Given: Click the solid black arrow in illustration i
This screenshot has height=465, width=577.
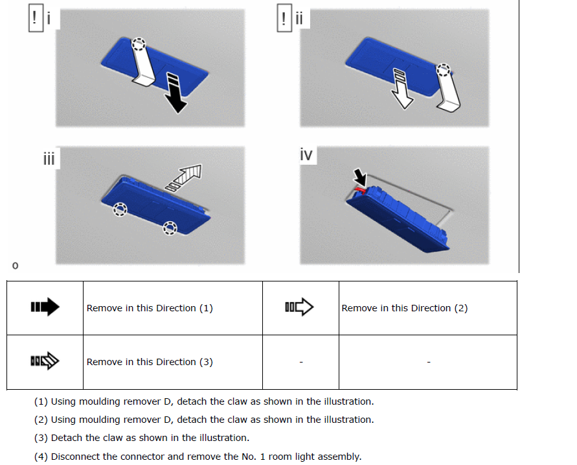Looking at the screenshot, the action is click(175, 93).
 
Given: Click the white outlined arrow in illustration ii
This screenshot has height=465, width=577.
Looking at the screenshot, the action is click(402, 89).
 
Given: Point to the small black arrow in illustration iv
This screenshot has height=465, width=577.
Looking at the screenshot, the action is click(360, 177).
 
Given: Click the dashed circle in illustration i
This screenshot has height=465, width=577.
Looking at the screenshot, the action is click(139, 44).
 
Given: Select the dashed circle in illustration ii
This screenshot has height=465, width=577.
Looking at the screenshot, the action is click(443, 69).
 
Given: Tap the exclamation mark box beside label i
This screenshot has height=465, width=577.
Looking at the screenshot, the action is click(36, 18).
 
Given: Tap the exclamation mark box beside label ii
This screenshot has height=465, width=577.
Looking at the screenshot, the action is click(284, 18).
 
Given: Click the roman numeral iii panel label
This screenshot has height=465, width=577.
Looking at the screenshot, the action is click(49, 159).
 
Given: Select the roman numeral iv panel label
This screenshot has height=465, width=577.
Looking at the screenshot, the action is click(306, 155).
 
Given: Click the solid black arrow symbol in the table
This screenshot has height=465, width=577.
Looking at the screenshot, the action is click(45, 307).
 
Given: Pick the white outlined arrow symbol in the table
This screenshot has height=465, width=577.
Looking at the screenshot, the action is click(299, 307).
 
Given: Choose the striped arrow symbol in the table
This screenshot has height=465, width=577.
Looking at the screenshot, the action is click(45, 361).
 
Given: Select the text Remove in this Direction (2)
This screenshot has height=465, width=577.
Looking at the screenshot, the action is click(404, 308).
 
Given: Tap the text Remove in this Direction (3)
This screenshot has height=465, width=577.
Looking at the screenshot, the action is click(150, 362).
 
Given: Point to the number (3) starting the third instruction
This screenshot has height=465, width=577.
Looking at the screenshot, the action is click(41, 438).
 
